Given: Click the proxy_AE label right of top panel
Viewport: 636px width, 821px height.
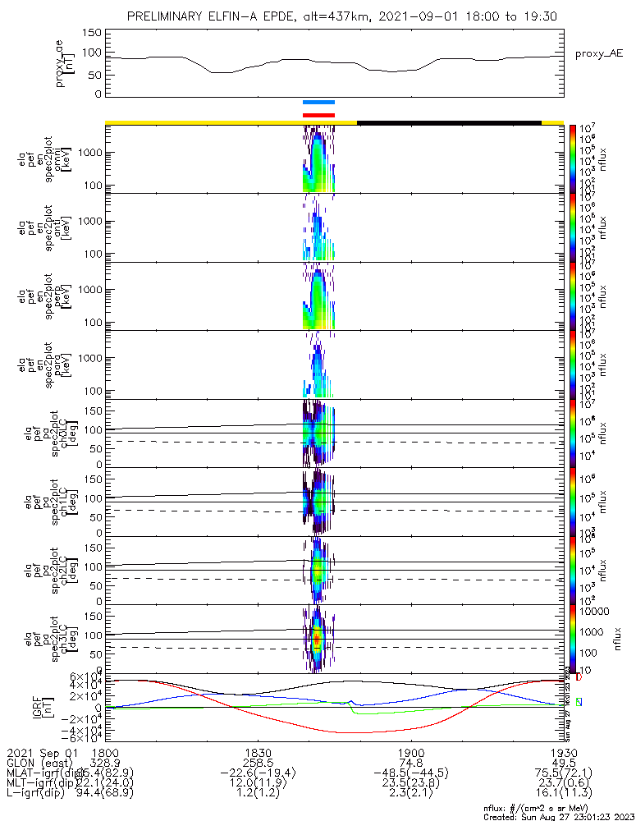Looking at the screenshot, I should pos(599,53).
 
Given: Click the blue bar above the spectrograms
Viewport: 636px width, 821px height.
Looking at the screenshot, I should pos(318,103).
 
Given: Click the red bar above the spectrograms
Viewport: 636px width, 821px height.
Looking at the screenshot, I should pos(318,115).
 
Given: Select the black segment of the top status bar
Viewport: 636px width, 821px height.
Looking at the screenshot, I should pos(449,122).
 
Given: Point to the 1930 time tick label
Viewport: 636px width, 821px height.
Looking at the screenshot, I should pos(562,752).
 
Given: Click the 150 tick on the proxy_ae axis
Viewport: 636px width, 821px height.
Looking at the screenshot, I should pos(92,33).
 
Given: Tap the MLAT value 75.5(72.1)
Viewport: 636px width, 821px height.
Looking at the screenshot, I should pos(562,775).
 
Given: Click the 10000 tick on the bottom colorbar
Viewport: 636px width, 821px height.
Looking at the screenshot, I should pos(595,612).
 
